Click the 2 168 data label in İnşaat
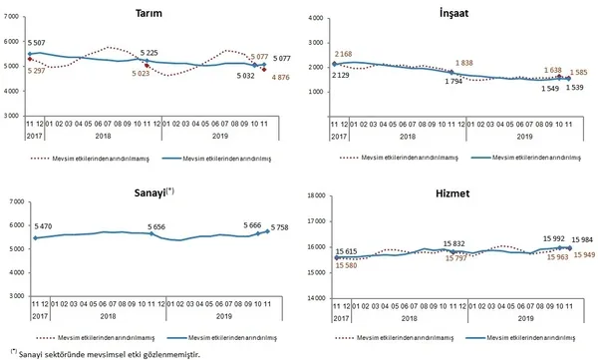346,52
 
